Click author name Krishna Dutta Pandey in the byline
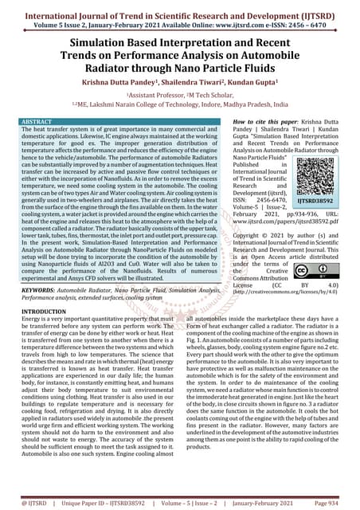pyautogui.click(x=108, y=81)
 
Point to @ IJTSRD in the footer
pyautogui.click(x=27, y=503)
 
